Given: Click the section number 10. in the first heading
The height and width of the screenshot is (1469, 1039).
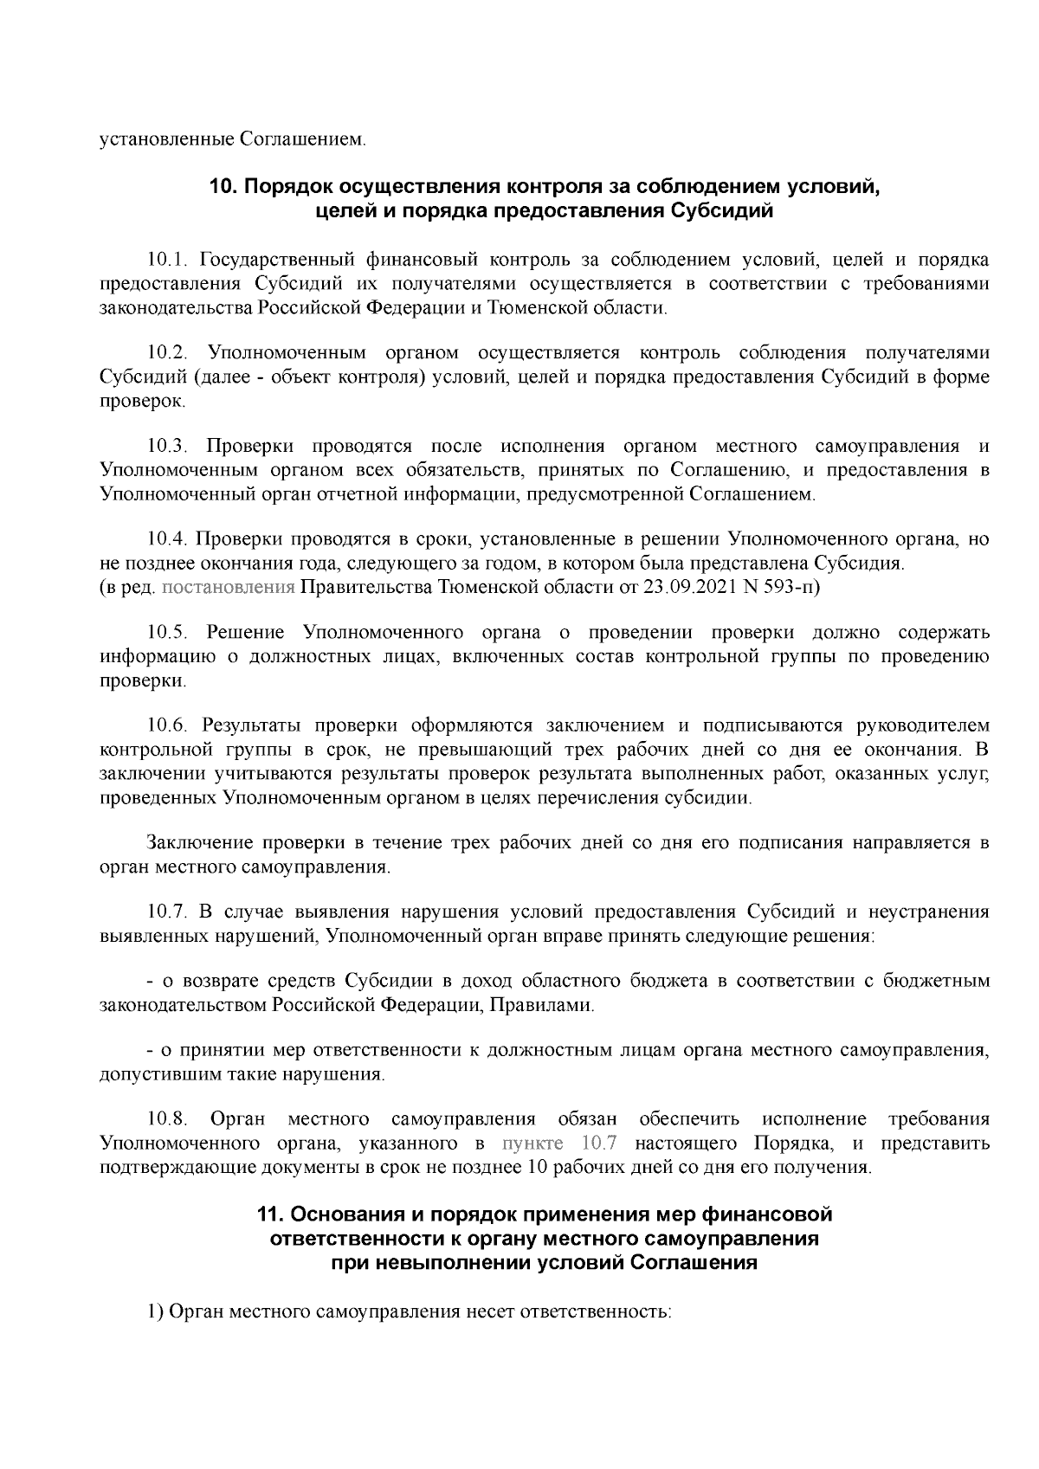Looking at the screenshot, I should coord(224,187).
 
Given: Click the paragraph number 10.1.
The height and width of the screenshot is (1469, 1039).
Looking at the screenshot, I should coord(166,260).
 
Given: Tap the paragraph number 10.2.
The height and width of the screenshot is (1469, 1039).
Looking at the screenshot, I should coord(166,353).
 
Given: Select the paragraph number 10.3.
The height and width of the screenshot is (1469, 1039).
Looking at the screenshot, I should coord(166,447).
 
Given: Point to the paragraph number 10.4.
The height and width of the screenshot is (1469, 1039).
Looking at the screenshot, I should coord(166,540).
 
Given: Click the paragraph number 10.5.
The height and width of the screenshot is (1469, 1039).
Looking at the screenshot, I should coord(166,633).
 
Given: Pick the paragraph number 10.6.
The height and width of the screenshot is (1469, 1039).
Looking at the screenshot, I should coord(166,725).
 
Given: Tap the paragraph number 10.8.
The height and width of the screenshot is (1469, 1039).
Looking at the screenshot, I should coord(166,1120).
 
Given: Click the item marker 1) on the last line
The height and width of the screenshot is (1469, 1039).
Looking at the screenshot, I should coord(156,1311).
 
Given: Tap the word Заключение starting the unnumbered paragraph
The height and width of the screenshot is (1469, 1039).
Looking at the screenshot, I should coord(202,842).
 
